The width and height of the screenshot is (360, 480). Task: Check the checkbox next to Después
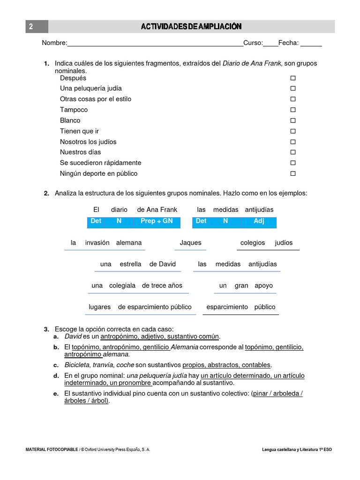pyautogui.click(x=293, y=78)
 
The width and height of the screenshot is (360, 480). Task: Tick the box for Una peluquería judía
pyautogui.click(x=293, y=89)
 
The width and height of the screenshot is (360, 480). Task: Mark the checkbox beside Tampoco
pyautogui.click(x=293, y=110)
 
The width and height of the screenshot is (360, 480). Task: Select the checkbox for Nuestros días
pyautogui.click(x=293, y=152)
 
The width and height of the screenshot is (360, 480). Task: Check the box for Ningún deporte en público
pyautogui.click(x=293, y=173)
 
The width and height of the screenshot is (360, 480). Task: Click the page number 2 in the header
pyautogui.click(x=31, y=27)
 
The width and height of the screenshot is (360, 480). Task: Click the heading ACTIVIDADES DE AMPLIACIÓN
pyautogui.click(x=192, y=27)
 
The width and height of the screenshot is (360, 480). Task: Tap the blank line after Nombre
pyautogui.click(x=155, y=44)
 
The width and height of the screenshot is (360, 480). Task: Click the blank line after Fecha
pyautogui.click(x=311, y=44)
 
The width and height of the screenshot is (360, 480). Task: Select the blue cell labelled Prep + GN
pyautogui.click(x=157, y=221)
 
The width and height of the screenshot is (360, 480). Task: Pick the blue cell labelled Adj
pyautogui.click(x=259, y=221)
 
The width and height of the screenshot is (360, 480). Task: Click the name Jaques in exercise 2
pyautogui.click(x=190, y=243)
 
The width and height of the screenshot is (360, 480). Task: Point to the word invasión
pyautogui.click(x=97, y=243)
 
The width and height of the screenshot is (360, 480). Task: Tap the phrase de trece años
pyautogui.click(x=162, y=285)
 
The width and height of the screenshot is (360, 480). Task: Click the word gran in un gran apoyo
pyautogui.click(x=241, y=285)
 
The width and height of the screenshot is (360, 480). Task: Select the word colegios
pyautogui.click(x=253, y=243)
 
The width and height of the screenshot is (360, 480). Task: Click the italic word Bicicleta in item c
pyautogui.click(x=76, y=365)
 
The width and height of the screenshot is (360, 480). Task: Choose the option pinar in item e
pyautogui.click(x=261, y=394)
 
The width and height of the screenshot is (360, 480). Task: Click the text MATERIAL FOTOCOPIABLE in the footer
pyautogui.click(x=52, y=450)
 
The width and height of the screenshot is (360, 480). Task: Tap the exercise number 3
pyautogui.click(x=46, y=330)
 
